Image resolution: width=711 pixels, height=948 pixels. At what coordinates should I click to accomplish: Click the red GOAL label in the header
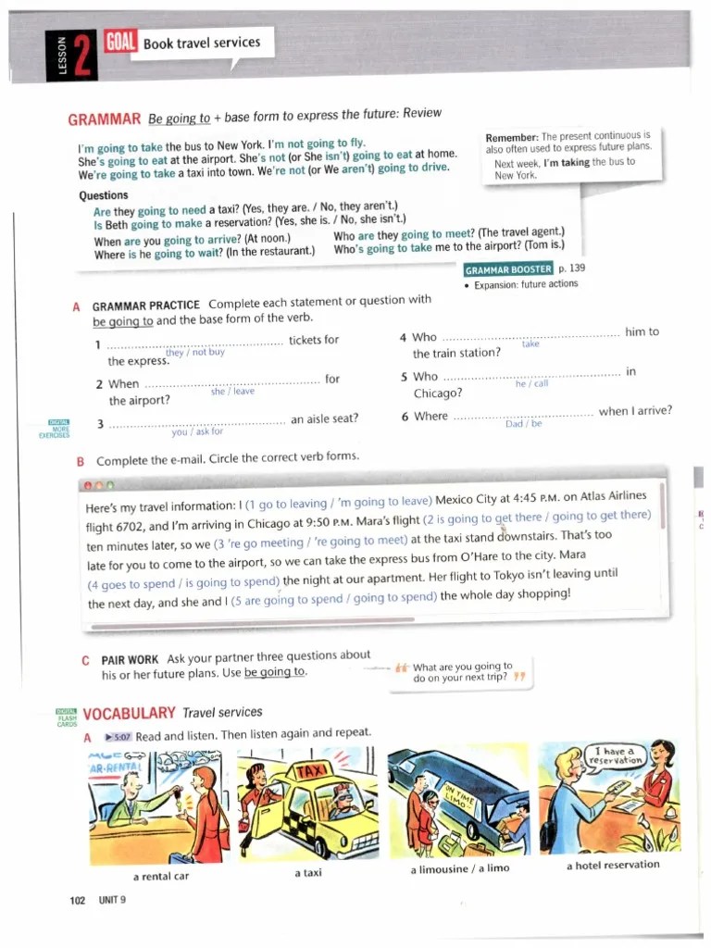pyautogui.click(x=121, y=41)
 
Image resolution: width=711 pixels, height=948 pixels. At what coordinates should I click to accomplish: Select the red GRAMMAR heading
pyautogui.click(x=105, y=119)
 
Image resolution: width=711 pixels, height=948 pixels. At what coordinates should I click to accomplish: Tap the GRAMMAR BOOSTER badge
pyautogui.click(x=508, y=269)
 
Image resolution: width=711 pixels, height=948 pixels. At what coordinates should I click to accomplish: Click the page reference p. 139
pyautogui.click(x=572, y=268)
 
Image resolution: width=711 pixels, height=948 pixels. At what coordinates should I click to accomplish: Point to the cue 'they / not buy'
pyautogui.click(x=194, y=352)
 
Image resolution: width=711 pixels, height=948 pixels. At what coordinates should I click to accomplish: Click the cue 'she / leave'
pyautogui.click(x=232, y=391)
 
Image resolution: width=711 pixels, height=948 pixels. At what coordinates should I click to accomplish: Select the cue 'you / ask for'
pyautogui.click(x=197, y=431)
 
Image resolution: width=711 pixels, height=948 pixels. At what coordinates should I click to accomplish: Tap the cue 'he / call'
pyautogui.click(x=531, y=383)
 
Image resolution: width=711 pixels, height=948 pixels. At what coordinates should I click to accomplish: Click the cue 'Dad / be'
pyautogui.click(x=523, y=424)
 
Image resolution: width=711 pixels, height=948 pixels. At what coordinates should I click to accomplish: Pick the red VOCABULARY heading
pyautogui.click(x=129, y=713)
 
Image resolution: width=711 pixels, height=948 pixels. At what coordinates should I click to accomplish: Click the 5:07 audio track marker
pyautogui.click(x=118, y=737)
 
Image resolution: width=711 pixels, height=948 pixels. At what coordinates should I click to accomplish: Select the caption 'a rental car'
pyautogui.click(x=161, y=876)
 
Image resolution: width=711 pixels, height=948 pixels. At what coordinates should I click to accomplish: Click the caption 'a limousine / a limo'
pyautogui.click(x=459, y=868)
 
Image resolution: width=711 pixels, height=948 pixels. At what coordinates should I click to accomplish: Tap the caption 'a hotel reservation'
pyautogui.click(x=613, y=865)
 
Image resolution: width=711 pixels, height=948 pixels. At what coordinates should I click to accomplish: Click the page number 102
pyautogui.click(x=78, y=900)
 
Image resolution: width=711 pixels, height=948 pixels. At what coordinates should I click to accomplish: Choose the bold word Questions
pyautogui.click(x=104, y=195)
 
